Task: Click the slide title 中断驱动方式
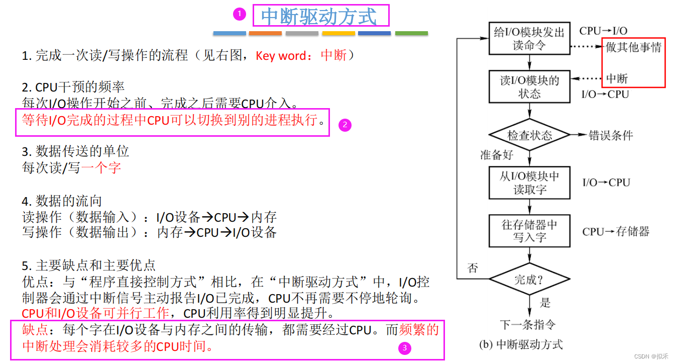[x=319, y=16]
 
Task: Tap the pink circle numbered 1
[x=240, y=15]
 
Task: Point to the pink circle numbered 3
[x=404, y=347]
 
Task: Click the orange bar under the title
[x=265, y=33]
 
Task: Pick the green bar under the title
[x=411, y=33]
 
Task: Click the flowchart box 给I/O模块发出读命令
[x=529, y=39]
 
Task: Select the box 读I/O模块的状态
[x=529, y=87]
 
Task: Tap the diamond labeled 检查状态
[x=529, y=135]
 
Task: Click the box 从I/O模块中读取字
[x=529, y=183]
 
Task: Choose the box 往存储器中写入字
[x=529, y=231]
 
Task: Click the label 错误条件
[x=611, y=135]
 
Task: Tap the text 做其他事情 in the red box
[x=634, y=48]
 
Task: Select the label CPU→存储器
[x=616, y=231]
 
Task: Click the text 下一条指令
[x=528, y=324]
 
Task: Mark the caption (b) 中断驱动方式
[x=521, y=345]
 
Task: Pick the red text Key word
[x=281, y=56]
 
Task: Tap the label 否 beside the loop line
[x=472, y=267]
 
